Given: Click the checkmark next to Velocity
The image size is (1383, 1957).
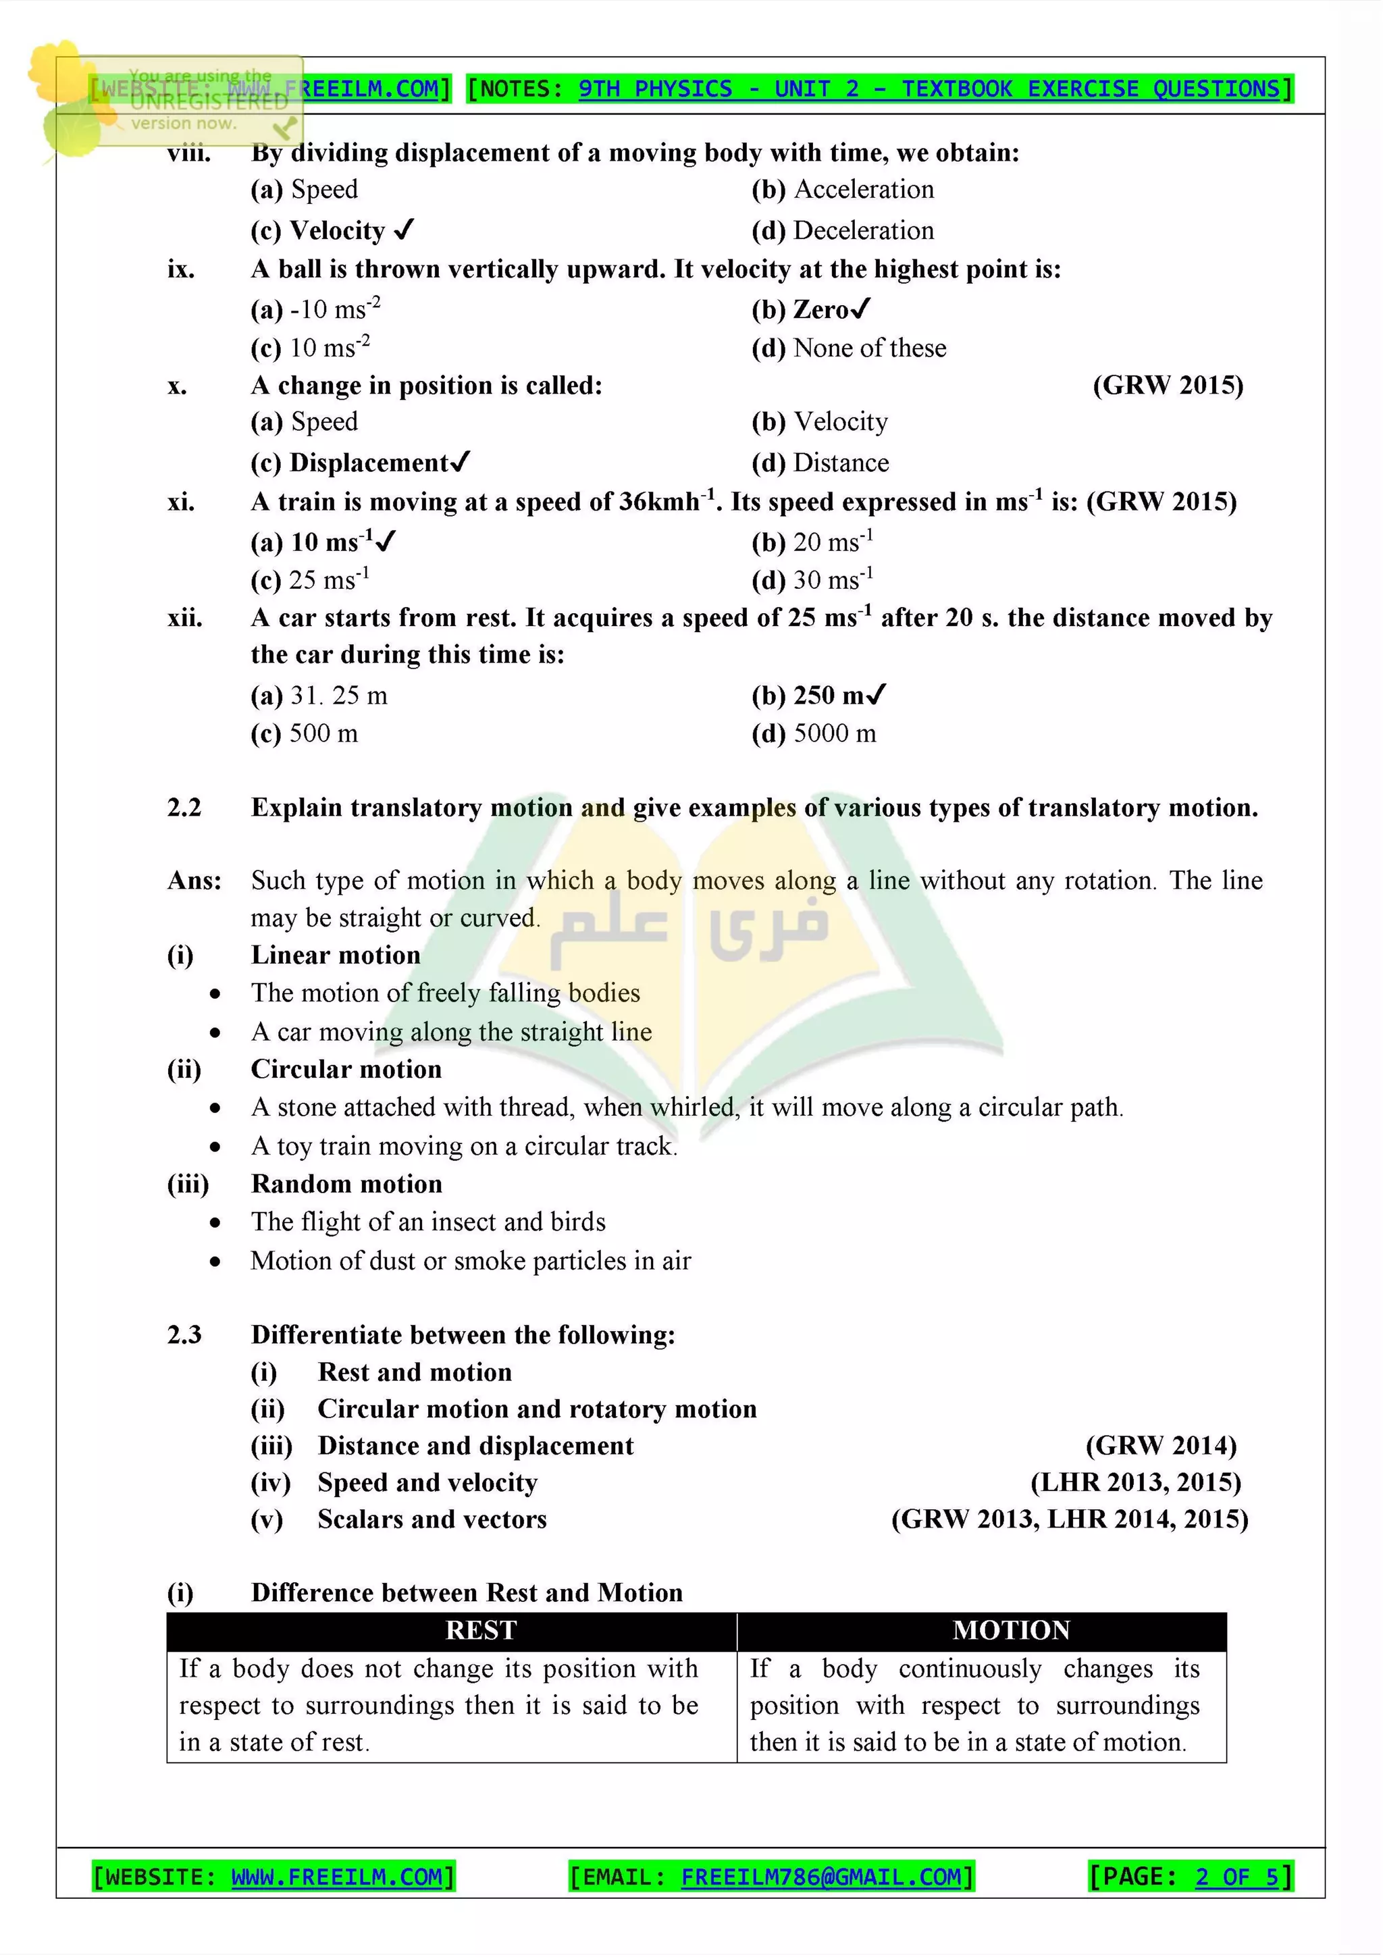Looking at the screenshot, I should coord(405,230).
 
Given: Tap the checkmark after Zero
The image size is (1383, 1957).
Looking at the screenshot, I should coord(860,309).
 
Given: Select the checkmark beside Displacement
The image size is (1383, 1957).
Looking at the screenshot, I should coord(460,462).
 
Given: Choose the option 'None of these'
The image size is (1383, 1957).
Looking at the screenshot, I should coord(869,348).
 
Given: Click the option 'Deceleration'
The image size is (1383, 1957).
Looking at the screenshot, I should coord(863,230).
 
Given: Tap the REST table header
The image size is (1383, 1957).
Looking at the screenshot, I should coord(481,1629).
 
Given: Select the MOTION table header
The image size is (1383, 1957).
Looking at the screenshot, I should coord(1011,1629).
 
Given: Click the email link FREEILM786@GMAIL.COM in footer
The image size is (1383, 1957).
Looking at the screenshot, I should coord(820,1876).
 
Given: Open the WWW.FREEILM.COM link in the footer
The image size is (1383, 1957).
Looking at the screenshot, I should coord(336,1876).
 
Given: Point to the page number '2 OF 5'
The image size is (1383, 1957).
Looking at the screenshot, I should coord(1236,1876).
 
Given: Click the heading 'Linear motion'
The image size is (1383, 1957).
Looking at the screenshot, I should coord(336,955).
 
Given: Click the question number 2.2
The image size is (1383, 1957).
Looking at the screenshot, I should coord(184,807).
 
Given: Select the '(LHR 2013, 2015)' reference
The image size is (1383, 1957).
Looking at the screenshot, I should coord(1135,1482).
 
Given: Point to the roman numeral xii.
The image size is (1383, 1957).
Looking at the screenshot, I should coord(185,617).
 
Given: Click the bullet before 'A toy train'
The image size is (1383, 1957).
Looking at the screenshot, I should coord(215,1147).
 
